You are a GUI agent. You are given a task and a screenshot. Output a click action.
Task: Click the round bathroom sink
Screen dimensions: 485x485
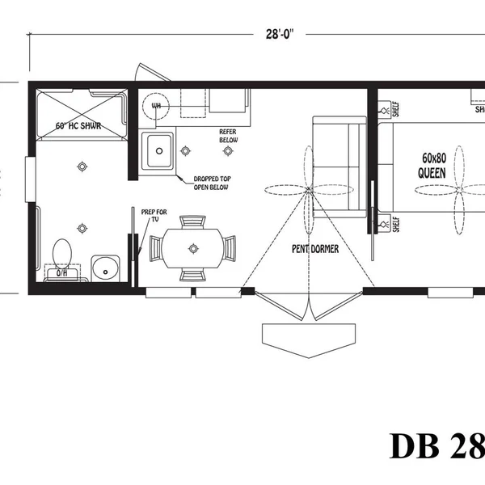pos(104,267)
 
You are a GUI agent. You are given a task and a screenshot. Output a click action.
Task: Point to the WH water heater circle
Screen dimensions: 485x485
pos(155,104)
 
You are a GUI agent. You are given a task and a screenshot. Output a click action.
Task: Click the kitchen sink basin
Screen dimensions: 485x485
pos(157,150)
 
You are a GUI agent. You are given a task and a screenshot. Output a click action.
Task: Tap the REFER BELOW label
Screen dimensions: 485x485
pos(229,135)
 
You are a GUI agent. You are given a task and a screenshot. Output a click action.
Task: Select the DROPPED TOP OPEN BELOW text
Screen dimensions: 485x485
pos(210,183)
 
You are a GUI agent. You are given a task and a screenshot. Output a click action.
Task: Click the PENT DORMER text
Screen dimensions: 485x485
pos(315,249)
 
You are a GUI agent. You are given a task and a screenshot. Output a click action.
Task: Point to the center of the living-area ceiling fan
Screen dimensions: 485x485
pos(308,192)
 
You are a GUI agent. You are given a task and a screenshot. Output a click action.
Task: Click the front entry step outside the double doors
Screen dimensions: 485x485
pos(308,339)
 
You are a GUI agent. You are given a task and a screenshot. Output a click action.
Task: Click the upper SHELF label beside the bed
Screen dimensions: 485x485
pos(396,108)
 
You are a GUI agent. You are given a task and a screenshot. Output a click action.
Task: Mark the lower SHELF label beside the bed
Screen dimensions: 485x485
pos(396,223)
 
